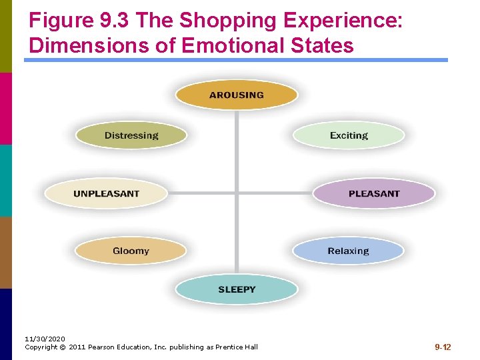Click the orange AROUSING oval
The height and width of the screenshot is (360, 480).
pyautogui.click(x=237, y=95)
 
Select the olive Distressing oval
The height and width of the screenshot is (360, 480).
pyautogui.click(x=131, y=135)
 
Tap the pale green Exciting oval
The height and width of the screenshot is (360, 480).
pyautogui.click(x=349, y=135)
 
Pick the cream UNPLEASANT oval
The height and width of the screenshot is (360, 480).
pyautogui.click(x=107, y=193)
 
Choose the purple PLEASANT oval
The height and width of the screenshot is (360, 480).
pyautogui.click(x=374, y=193)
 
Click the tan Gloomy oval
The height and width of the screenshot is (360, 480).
pyautogui.click(x=131, y=251)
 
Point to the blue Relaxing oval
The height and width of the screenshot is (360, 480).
pyautogui.click(x=348, y=251)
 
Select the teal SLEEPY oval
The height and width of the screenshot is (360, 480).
pyautogui.click(x=237, y=289)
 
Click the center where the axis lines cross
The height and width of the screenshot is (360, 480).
pyautogui.click(x=237, y=193)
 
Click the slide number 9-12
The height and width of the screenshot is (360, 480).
pyautogui.click(x=443, y=347)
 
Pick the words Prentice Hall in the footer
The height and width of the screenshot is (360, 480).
pyautogui.click(x=235, y=347)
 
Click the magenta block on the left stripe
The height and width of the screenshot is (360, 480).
pyautogui.click(x=6, y=108)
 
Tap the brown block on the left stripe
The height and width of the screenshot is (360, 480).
pyautogui.click(x=6, y=252)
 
